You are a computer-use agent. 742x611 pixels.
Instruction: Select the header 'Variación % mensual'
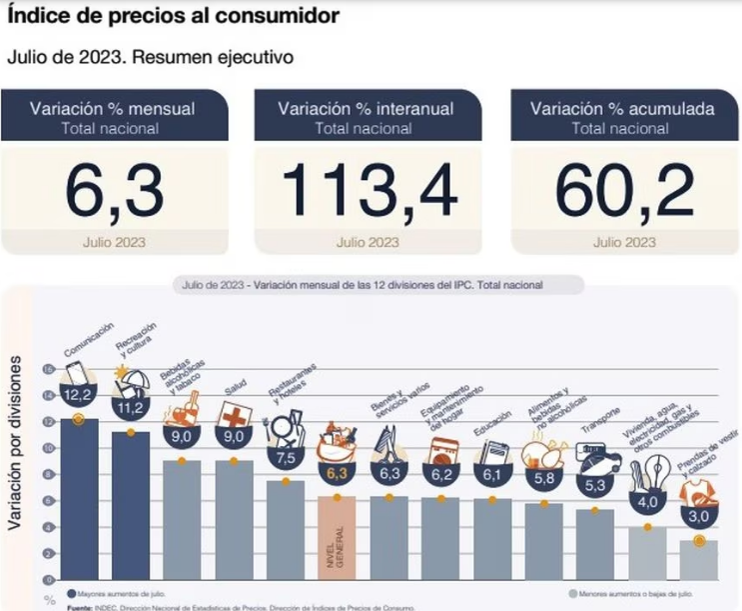113,108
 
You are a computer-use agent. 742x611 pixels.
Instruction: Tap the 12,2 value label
78,397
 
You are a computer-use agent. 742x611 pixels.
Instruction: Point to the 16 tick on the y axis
47,368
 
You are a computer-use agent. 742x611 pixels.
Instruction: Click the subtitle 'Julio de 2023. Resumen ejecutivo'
150,57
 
